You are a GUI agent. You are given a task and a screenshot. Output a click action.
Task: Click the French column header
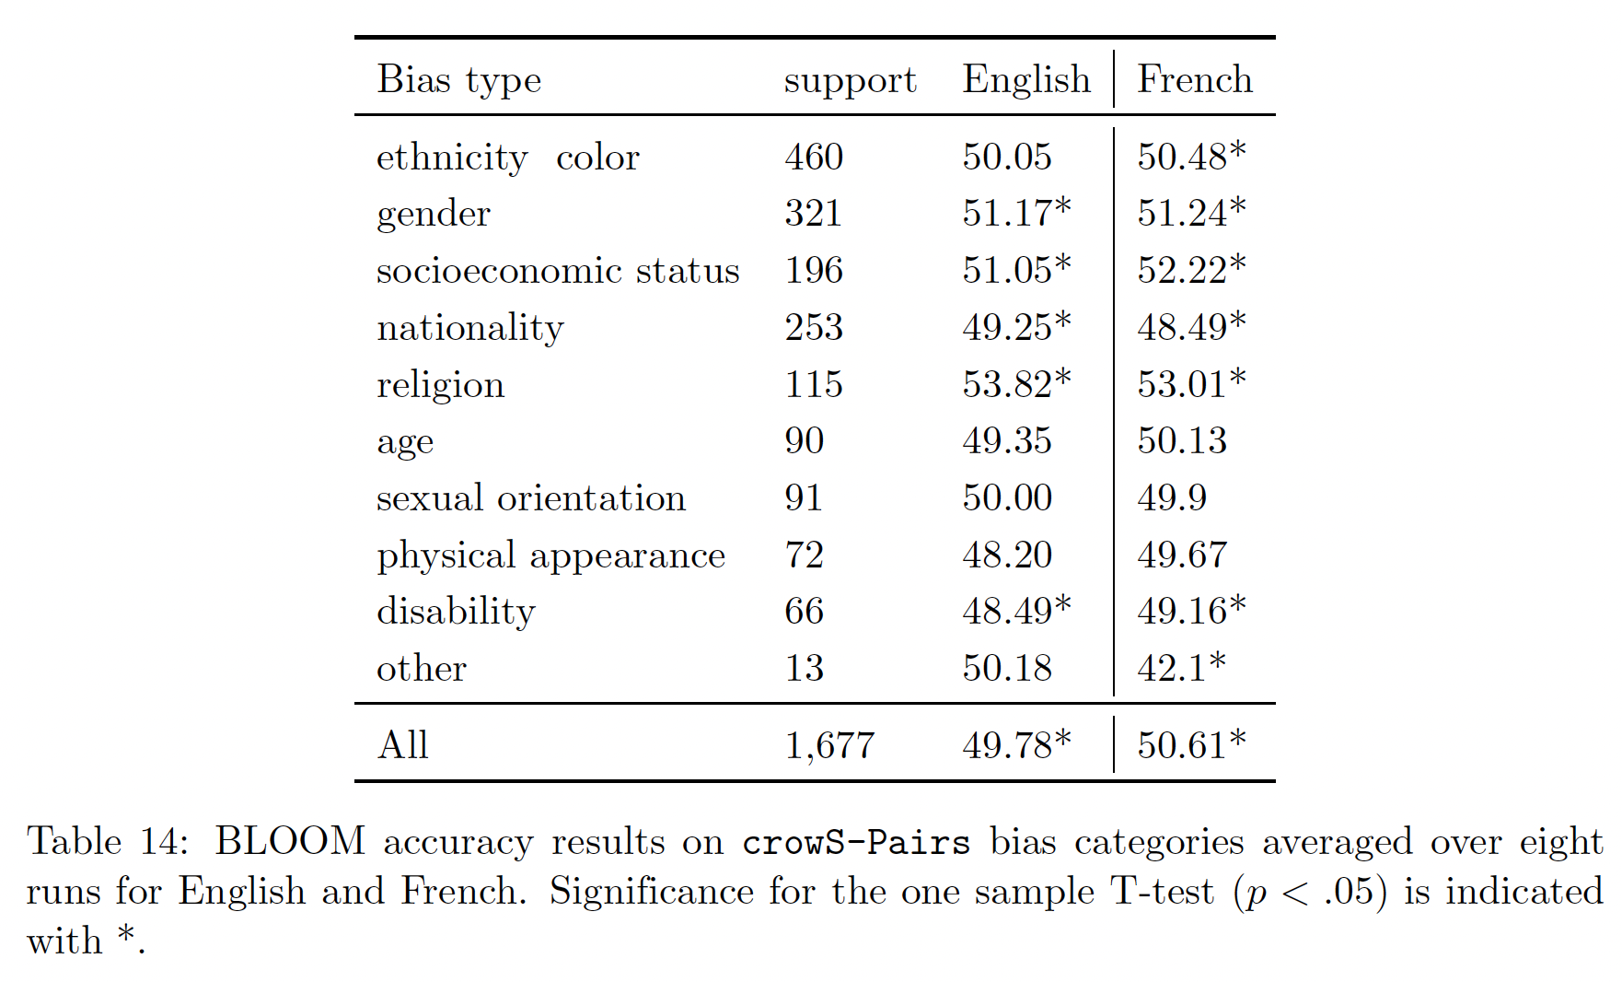pyautogui.click(x=1194, y=79)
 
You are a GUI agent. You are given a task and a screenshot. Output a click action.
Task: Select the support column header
pyautogui.click(x=850, y=81)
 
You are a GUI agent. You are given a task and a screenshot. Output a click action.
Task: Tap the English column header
pyautogui.click(x=1025, y=81)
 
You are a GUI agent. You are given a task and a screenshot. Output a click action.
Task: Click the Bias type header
pyautogui.click(x=458, y=81)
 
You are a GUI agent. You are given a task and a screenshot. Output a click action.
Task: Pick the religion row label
pyautogui.click(x=440, y=385)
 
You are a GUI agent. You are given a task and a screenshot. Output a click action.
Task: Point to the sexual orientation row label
pyautogui.click(x=530, y=498)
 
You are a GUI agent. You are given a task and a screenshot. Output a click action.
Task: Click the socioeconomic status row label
pyautogui.click(x=558, y=271)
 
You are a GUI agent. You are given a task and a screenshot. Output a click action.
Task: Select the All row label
pyautogui.click(x=402, y=744)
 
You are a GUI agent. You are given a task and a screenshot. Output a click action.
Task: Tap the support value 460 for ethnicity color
pyautogui.click(x=814, y=157)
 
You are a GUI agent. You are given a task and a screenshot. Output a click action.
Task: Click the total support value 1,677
pyautogui.click(x=828, y=745)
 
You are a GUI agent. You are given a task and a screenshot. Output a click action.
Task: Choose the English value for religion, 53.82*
pyautogui.click(x=1016, y=384)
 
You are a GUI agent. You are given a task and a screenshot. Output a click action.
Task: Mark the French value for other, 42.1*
pyautogui.click(x=1181, y=668)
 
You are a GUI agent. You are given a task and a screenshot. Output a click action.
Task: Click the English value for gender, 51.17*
pyautogui.click(x=1016, y=214)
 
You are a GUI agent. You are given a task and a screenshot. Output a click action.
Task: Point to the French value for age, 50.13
pyautogui.click(x=1182, y=441)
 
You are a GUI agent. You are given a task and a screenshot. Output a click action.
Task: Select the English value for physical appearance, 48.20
pyautogui.click(x=1007, y=555)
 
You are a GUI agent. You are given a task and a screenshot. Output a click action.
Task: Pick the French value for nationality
pyautogui.click(x=1191, y=327)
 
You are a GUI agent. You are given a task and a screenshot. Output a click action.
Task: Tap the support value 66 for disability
pyautogui.click(x=804, y=612)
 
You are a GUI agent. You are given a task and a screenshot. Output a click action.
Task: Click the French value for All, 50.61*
pyautogui.click(x=1191, y=744)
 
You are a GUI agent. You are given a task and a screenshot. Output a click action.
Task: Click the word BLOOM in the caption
pyautogui.click(x=289, y=841)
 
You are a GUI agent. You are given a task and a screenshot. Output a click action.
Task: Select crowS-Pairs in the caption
pyautogui.click(x=855, y=842)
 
